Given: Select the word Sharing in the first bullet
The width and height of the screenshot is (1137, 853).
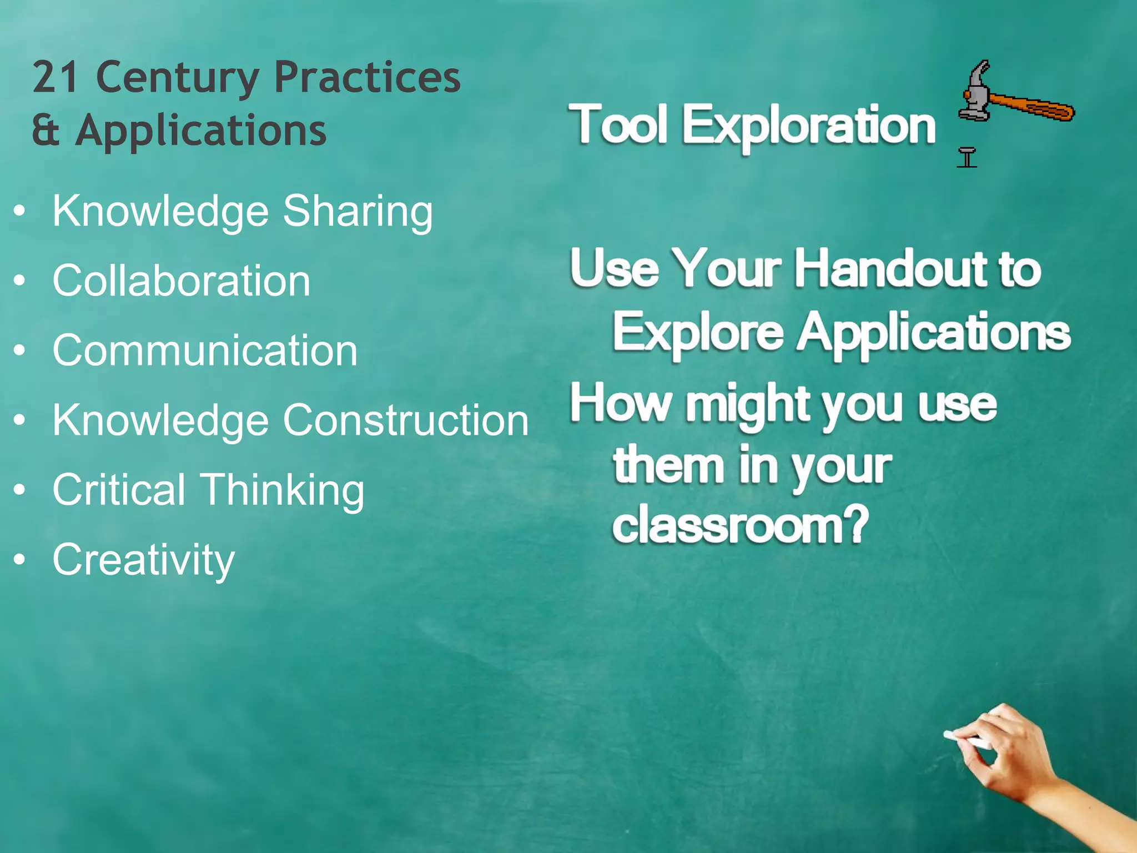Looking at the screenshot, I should pyautogui.click(x=358, y=212).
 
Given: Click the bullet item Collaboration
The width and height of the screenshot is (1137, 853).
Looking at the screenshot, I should pyautogui.click(x=181, y=281).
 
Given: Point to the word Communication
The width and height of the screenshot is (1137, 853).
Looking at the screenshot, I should pyautogui.click(x=205, y=351).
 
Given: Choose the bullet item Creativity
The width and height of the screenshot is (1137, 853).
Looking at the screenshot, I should pyautogui.click(x=143, y=560).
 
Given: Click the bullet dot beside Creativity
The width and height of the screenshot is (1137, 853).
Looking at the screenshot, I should pyautogui.click(x=20, y=560).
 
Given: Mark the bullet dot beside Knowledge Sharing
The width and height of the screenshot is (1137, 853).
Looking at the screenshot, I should pyautogui.click(x=20, y=212).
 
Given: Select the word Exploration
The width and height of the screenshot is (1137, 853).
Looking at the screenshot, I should pyautogui.click(x=808, y=127).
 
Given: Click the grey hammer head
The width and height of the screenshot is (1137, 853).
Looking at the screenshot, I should pyautogui.click(x=975, y=92).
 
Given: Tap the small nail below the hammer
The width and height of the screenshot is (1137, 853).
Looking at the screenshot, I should pyautogui.click(x=967, y=158).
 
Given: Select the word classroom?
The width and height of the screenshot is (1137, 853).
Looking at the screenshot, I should pyautogui.click(x=740, y=525).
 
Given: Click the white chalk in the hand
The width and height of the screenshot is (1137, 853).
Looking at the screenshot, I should pyautogui.click(x=967, y=740).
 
